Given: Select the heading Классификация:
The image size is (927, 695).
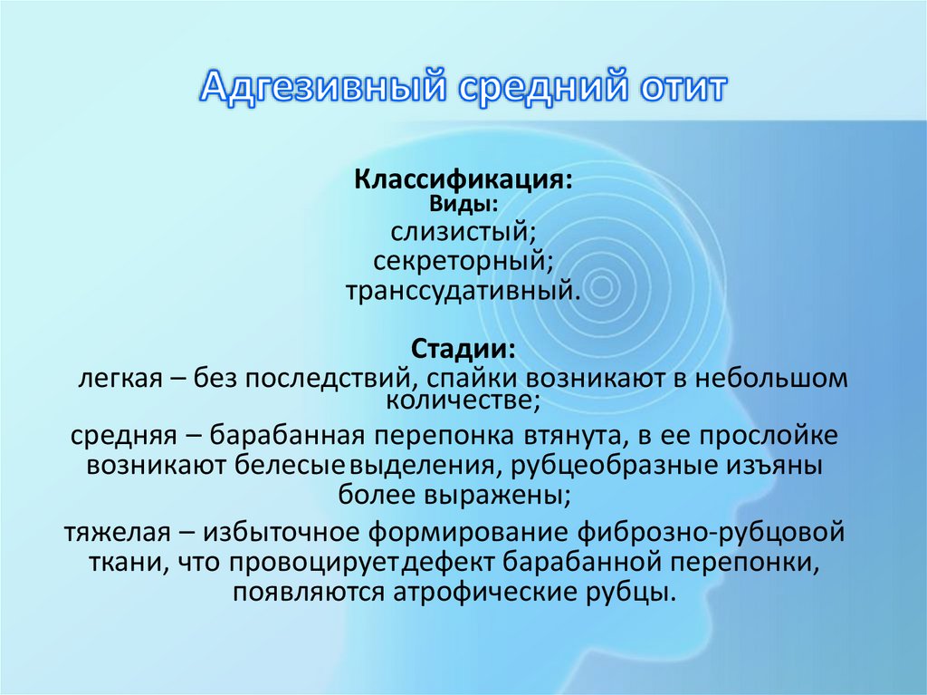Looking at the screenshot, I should [463, 179].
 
